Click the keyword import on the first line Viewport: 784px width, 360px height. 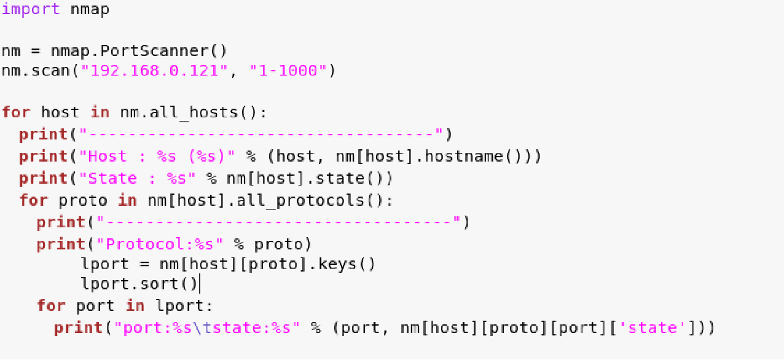click(x=31, y=10)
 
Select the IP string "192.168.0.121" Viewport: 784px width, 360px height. click(x=154, y=71)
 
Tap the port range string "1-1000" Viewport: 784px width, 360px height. click(x=288, y=71)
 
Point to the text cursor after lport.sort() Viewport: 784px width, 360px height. click(x=200, y=284)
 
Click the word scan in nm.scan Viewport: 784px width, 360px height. click(x=50, y=71)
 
